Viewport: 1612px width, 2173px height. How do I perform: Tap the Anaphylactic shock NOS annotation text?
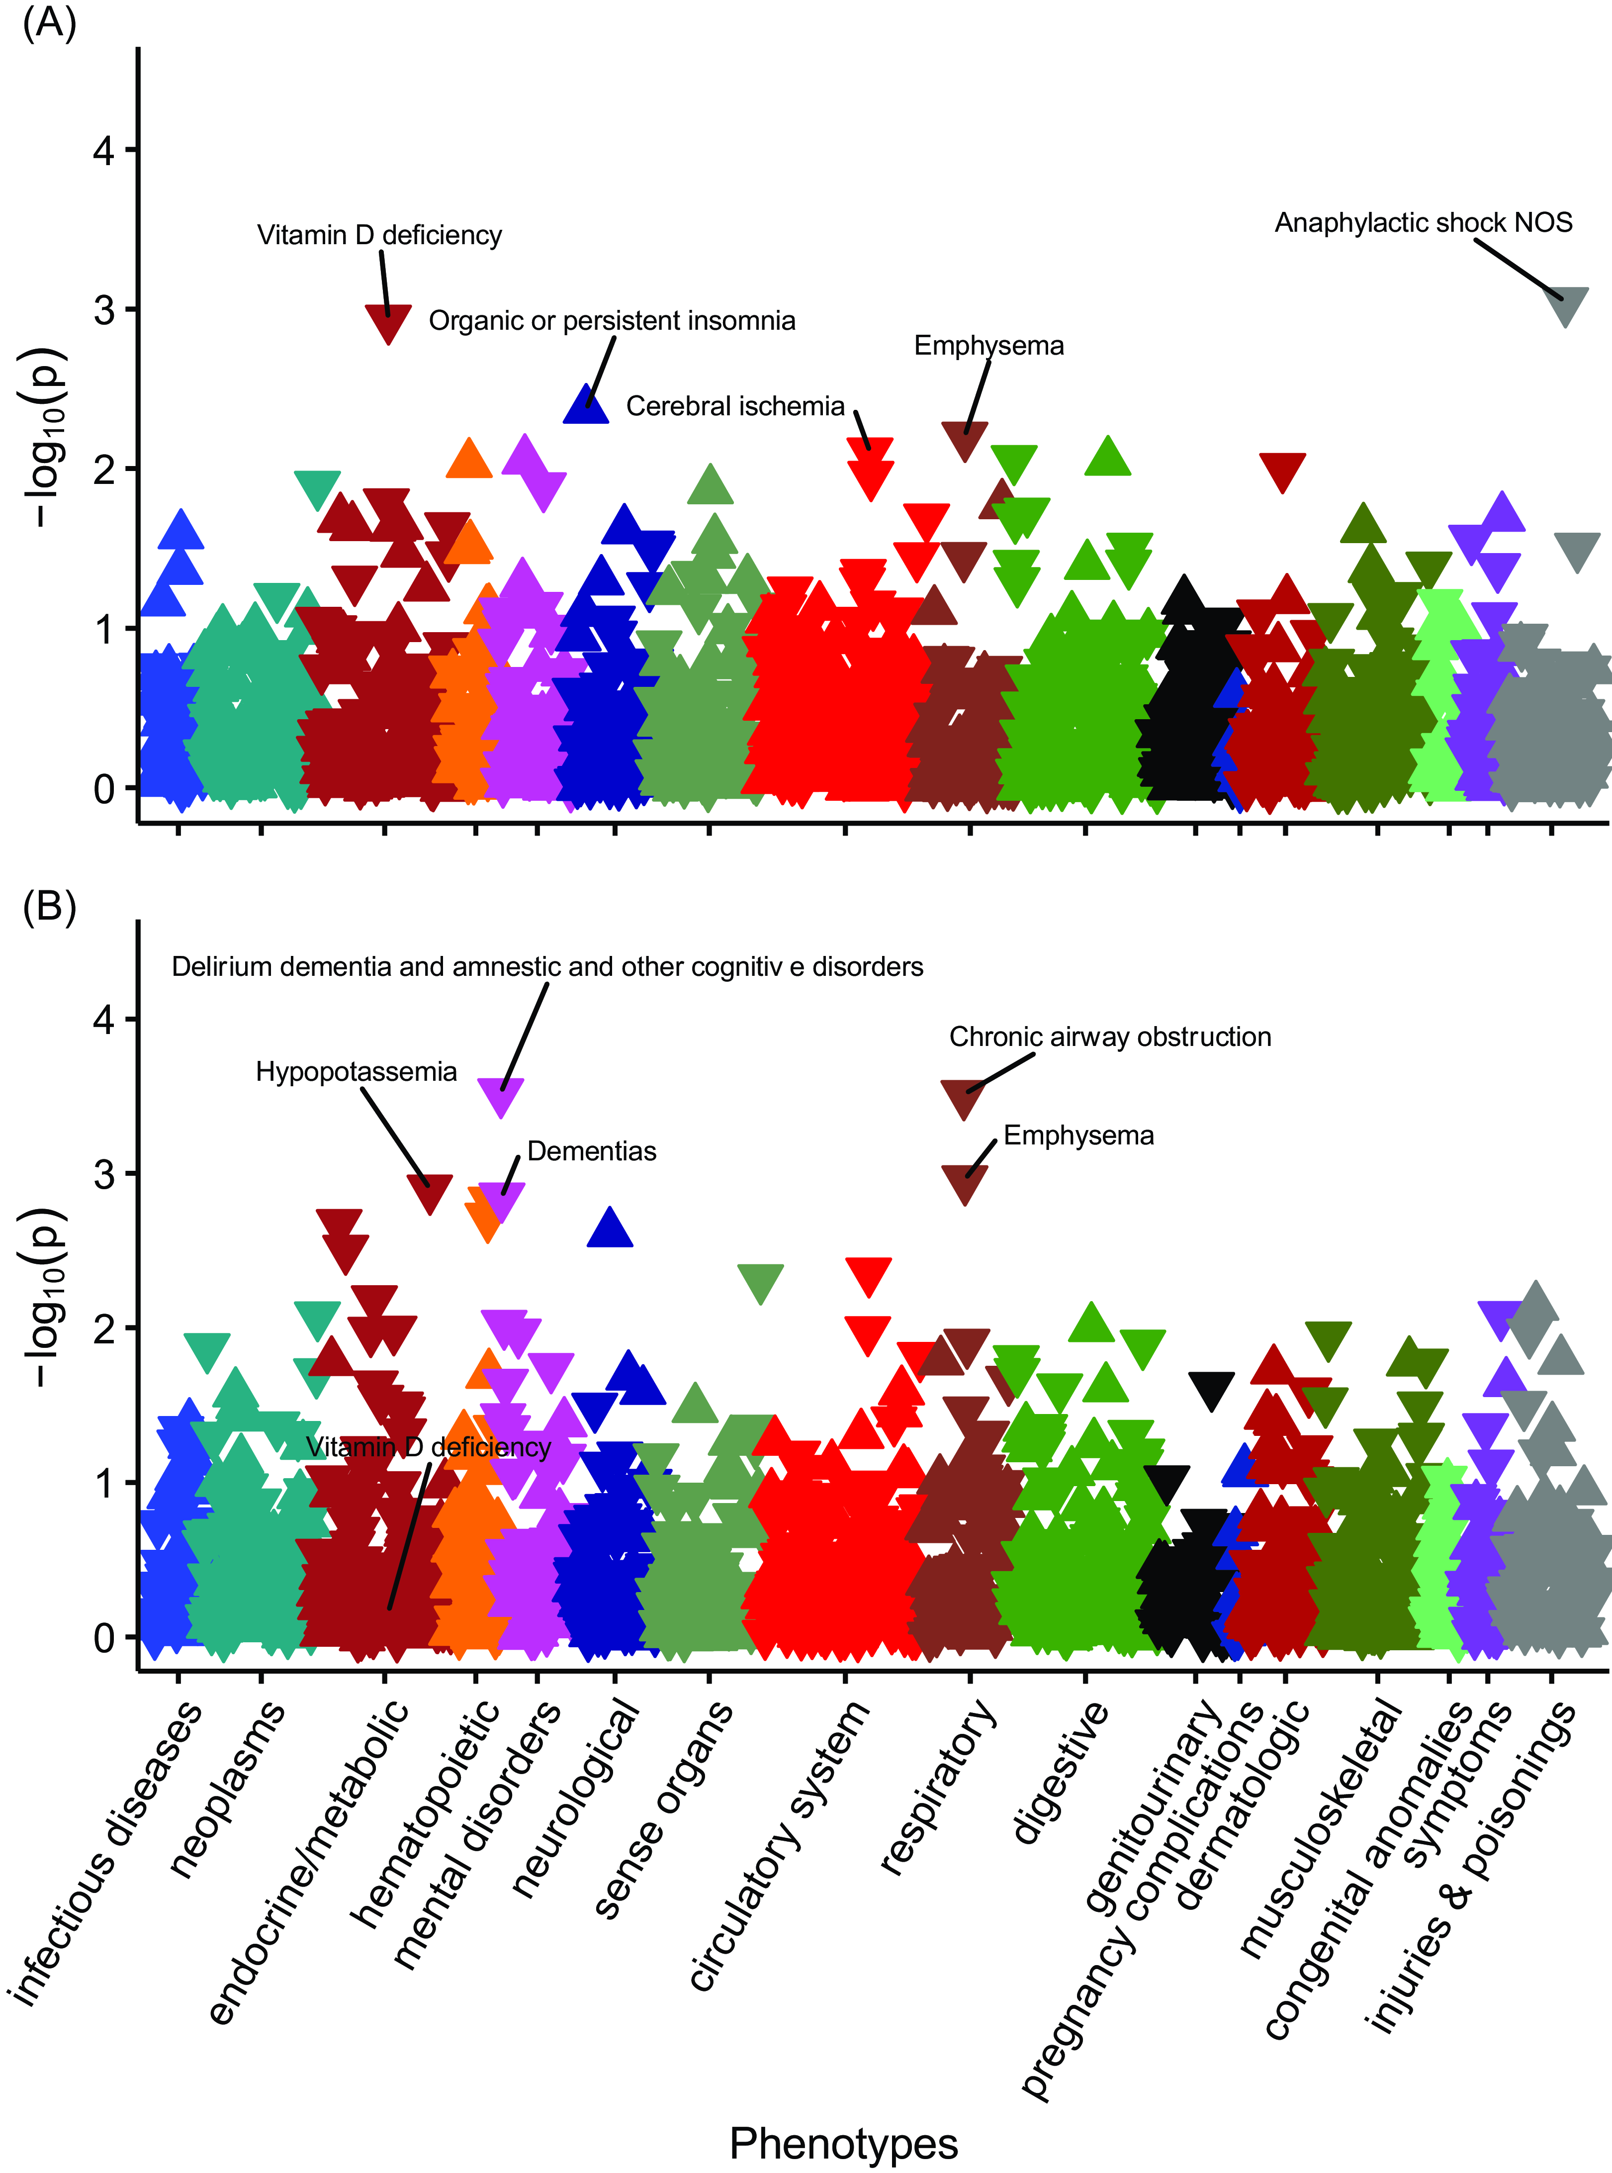[x=1423, y=223]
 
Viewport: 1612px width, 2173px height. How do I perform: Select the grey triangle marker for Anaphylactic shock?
[x=1564, y=305]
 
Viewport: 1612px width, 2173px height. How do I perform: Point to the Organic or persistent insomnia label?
[x=612, y=321]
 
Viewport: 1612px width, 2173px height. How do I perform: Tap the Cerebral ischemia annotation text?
[x=735, y=406]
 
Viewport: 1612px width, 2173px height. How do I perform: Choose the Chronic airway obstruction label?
[x=1109, y=1037]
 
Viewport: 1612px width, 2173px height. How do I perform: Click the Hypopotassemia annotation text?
[x=356, y=1072]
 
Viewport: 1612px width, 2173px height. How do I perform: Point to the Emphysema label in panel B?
[x=1078, y=1135]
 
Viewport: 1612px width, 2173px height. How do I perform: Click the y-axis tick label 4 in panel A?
[x=103, y=150]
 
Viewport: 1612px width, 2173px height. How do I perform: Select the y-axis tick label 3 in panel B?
[x=103, y=1173]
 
